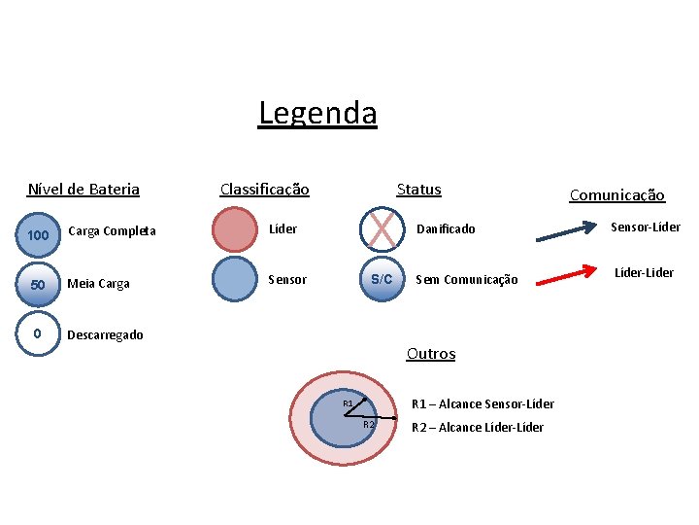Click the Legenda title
tap(317, 114)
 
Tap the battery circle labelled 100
tap(38, 234)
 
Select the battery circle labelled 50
tap(38, 284)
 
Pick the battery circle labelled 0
tap(38, 333)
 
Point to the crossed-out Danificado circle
tap(382, 229)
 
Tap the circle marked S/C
tap(382, 279)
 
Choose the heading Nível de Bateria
tap(83, 190)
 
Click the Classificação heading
tap(264, 190)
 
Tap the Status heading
tap(418, 190)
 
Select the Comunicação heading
tap(616, 195)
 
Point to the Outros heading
tap(430, 354)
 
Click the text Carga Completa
tap(112, 231)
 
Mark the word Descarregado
tap(105, 335)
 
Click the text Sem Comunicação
tap(466, 280)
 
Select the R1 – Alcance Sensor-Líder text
tap(483, 403)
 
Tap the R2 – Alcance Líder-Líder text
tap(478, 428)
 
